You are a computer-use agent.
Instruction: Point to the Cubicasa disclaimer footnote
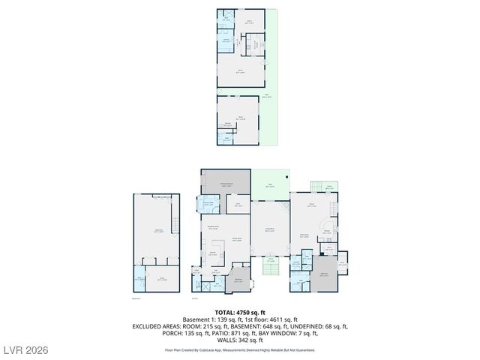[240, 349]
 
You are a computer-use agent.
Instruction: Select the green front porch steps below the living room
[271, 268]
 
